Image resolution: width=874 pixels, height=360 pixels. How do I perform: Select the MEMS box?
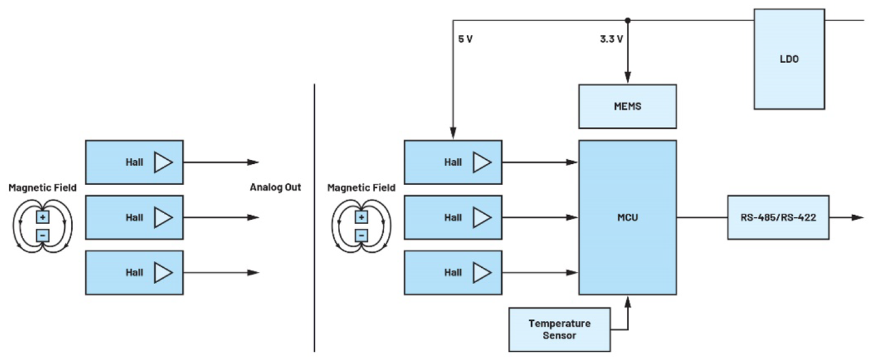click(x=628, y=106)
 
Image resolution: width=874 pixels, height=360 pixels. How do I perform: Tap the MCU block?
click(x=628, y=218)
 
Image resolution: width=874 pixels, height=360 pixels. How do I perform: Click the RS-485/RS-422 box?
click(x=778, y=218)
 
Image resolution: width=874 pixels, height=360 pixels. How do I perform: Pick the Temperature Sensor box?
click(x=559, y=329)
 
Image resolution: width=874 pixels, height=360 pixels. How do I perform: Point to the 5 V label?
click(x=465, y=39)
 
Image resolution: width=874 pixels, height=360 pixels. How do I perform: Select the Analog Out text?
click(x=275, y=187)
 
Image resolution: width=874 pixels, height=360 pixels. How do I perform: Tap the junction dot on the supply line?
click(x=628, y=20)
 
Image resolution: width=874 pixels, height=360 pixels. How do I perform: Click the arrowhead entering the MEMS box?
click(x=628, y=79)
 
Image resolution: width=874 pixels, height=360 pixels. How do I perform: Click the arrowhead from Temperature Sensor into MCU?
click(x=628, y=301)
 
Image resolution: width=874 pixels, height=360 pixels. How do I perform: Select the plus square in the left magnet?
click(x=42, y=217)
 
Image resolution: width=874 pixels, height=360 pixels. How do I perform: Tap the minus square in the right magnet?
click(x=361, y=236)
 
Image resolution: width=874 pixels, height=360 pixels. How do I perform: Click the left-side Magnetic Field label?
click(x=42, y=187)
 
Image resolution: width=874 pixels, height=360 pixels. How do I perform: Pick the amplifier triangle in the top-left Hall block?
click(x=163, y=163)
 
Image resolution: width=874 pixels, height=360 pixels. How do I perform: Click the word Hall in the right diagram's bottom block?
click(x=453, y=273)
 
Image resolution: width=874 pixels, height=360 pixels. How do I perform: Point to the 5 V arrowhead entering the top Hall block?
click(x=453, y=135)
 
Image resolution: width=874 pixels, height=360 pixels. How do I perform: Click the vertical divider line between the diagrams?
click(x=314, y=219)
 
